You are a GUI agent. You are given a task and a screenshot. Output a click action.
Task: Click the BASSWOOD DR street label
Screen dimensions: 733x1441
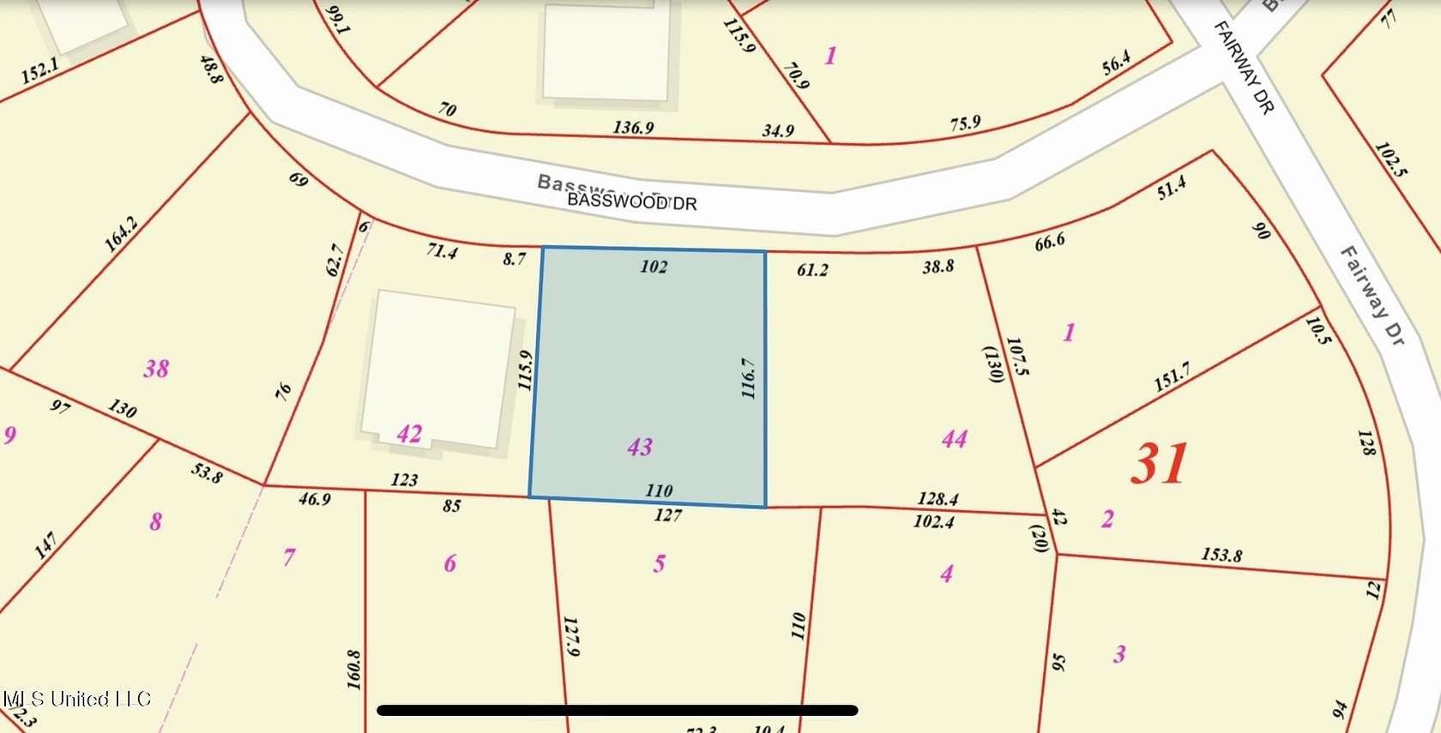point(632,202)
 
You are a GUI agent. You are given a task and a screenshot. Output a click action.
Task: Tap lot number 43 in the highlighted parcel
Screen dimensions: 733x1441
point(640,447)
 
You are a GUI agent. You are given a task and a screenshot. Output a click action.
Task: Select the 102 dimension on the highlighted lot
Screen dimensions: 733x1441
point(654,267)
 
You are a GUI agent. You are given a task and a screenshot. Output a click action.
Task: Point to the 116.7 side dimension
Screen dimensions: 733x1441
point(748,378)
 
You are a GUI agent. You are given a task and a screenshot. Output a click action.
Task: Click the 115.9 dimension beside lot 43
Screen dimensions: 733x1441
point(526,370)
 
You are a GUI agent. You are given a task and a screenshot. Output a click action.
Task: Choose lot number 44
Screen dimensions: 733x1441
point(955,440)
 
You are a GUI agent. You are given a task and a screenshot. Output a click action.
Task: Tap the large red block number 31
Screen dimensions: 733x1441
point(1160,464)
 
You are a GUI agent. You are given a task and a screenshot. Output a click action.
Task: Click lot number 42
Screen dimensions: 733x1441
point(409,434)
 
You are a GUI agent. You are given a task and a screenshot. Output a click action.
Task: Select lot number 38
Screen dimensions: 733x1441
point(156,369)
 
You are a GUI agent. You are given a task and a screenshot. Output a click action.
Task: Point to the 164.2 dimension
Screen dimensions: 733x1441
point(120,234)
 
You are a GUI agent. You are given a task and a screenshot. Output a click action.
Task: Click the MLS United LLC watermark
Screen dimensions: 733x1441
point(77,700)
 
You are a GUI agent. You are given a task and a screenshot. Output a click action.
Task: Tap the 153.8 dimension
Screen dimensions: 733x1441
point(1221,555)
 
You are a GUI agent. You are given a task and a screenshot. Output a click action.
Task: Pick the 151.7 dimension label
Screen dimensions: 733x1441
point(1172,377)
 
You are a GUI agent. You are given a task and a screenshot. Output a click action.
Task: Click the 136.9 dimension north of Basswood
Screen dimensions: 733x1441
point(633,128)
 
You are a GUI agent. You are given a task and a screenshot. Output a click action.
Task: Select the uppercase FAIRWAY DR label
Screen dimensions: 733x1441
point(1244,67)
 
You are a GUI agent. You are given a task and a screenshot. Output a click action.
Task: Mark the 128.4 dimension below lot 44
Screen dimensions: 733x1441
point(938,498)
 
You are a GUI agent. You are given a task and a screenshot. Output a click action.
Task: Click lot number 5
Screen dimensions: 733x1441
point(659,563)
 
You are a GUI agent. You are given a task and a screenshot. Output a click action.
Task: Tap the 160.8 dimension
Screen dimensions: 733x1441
point(353,670)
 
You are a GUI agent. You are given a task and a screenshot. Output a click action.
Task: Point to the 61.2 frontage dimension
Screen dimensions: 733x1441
point(812,270)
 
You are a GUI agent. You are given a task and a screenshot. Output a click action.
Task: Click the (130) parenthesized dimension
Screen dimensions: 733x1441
point(993,364)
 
